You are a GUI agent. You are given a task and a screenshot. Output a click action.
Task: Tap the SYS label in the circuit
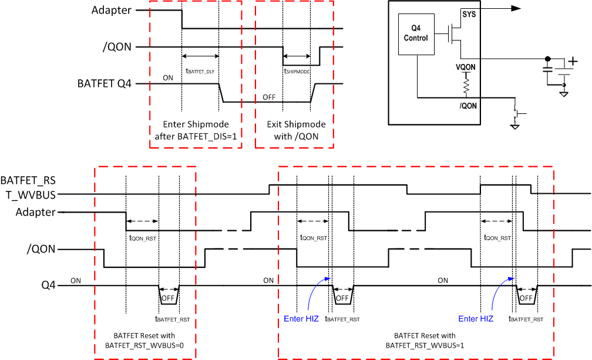469,14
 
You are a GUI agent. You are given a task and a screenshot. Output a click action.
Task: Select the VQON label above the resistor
465,68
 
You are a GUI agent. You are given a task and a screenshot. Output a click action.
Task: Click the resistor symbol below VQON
466,88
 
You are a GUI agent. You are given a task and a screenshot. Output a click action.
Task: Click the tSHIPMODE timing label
297,71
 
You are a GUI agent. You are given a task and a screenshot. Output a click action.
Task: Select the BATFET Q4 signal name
104,84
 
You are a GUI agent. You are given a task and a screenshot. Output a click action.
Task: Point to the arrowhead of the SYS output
516,8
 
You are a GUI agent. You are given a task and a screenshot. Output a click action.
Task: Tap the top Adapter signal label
112,10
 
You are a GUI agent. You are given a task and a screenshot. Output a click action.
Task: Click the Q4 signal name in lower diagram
48,286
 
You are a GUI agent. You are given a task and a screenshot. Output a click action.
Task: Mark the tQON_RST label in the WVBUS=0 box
142,238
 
